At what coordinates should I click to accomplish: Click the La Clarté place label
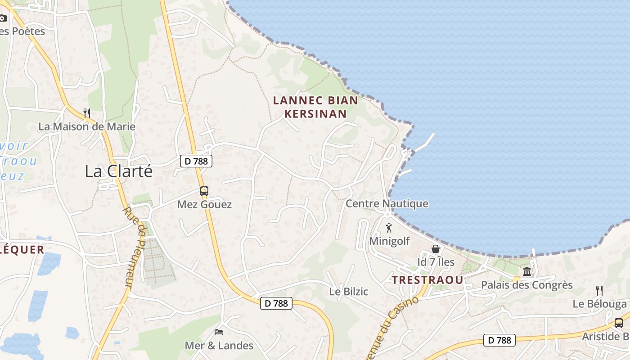pos(119,171)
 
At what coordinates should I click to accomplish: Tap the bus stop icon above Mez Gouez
pos(204,191)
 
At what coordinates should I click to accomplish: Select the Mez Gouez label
pos(204,204)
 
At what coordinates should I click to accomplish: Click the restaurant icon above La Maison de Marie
pos(87,113)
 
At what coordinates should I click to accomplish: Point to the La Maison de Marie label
pos(87,126)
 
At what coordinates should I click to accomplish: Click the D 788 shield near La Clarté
pos(196,161)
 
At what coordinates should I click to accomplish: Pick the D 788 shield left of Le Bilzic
pos(276,303)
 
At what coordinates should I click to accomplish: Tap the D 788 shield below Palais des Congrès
pos(499,340)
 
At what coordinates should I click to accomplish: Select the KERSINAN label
pos(315,114)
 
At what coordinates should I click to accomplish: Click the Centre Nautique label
pos(387,204)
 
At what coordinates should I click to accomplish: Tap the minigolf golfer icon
pos(389,228)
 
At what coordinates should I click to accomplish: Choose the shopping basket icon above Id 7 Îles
pos(436,249)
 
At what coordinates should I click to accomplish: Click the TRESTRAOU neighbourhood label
pos(427,280)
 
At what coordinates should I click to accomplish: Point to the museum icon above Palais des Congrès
pos(527,272)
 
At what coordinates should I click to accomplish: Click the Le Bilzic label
pos(349,292)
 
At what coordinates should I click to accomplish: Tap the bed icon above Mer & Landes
pos(219,332)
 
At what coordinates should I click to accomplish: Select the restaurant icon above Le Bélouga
pos(599,290)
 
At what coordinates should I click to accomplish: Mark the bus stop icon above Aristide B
pos(619,323)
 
